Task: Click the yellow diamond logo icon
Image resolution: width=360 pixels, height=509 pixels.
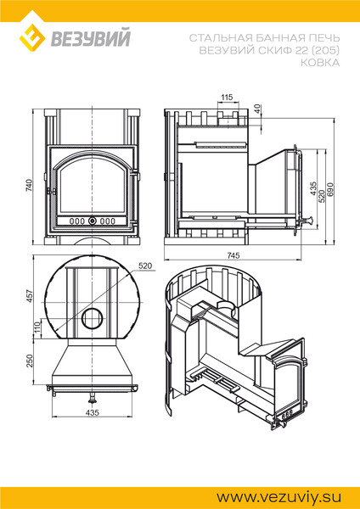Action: pyautogui.click(x=31, y=37)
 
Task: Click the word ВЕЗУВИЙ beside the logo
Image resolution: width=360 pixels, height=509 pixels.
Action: pyautogui.click(x=91, y=37)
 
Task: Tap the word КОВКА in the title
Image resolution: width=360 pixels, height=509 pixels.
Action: pyautogui.click(x=320, y=62)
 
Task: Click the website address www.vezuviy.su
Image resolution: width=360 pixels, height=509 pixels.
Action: pyautogui.click(x=279, y=497)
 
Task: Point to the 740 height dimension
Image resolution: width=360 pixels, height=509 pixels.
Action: pyautogui.click(x=30, y=185)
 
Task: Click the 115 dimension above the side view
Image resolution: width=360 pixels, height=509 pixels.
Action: pyautogui.click(x=227, y=97)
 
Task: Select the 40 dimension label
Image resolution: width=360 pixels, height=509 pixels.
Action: pyautogui.click(x=257, y=109)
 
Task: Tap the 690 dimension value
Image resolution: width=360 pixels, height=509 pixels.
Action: pyautogui.click(x=330, y=189)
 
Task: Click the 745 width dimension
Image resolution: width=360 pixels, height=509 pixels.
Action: pyautogui.click(x=233, y=255)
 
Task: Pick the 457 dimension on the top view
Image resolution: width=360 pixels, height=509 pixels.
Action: pyautogui.click(x=30, y=296)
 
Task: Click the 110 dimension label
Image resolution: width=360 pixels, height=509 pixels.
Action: pyautogui.click(x=37, y=327)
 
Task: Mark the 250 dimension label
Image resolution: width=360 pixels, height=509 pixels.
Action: pyautogui.click(x=30, y=361)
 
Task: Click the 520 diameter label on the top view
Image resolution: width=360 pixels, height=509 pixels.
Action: pyautogui.click(x=145, y=266)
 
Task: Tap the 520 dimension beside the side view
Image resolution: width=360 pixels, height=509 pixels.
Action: pyautogui.click(x=322, y=197)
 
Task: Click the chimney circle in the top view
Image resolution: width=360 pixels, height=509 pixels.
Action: pyautogui.click(x=93, y=318)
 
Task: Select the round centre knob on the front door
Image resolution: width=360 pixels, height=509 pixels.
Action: pyautogui.click(x=93, y=221)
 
